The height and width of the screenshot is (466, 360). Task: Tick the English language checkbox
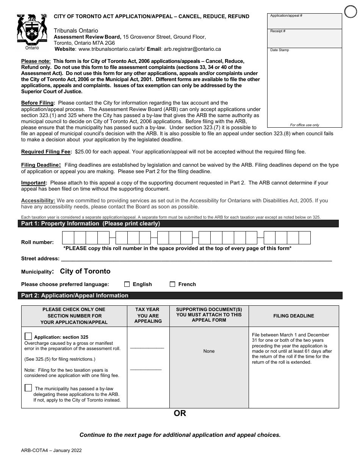click(x=127, y=284)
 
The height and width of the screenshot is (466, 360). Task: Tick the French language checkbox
click(x=172, y=284)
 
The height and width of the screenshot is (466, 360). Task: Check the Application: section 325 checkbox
click(x=28, y=336)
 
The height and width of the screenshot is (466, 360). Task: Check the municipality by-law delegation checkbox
click(x=28, y=388)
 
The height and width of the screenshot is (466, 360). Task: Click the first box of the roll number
click(x=68, y=238)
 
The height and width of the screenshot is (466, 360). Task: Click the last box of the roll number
click(x=305, y=238)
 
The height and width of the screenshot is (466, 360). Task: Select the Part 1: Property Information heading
click(x=91, y=224)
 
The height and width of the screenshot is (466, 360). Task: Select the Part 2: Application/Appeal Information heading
click(x=75, y=296)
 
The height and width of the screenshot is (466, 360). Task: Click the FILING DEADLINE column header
click(x=294, y=316)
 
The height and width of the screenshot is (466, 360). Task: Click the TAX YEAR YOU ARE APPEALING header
click(x=148, y=316)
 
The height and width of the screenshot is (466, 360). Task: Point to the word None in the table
click(x=209, y=351)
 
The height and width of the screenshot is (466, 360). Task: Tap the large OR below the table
click(x=180, y=413)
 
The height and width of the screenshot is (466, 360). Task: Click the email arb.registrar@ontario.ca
click(x=192, y=49)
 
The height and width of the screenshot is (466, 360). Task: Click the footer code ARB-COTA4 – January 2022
click(x=51, y=451)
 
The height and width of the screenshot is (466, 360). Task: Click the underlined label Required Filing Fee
click(x=46, y=152)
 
